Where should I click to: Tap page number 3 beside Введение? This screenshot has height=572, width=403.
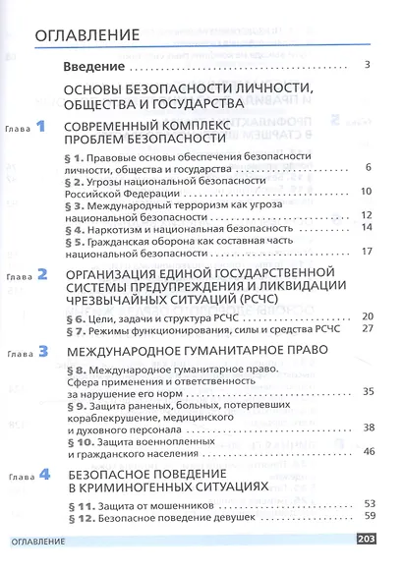pos(365,66)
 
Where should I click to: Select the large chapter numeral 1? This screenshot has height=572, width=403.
pos(40,126)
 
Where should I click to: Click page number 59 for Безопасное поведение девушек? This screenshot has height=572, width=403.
pos(370,516)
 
